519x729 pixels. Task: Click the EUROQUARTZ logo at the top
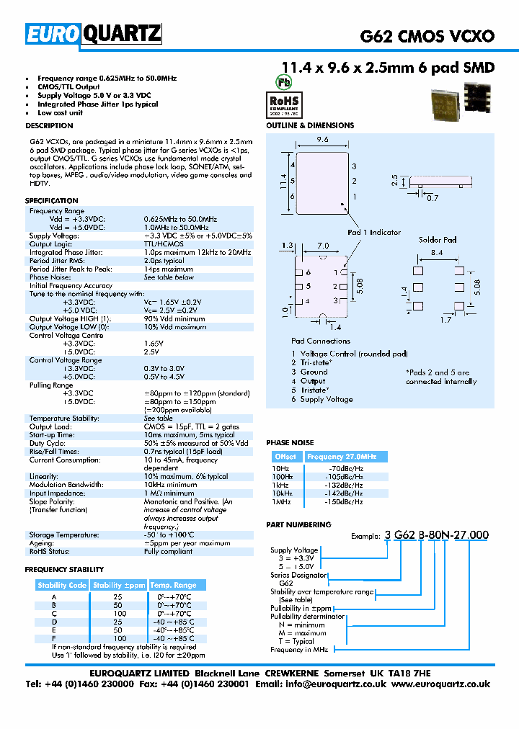click(x=93, y=33)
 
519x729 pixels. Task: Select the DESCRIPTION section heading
click(x=49, y=125)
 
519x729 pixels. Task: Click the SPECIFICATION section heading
click(x=51, y=200)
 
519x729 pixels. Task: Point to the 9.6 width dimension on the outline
click(x=321, y=140)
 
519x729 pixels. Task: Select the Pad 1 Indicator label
click(x=373, y=232)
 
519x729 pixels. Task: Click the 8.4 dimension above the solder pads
click(x=437, y=253)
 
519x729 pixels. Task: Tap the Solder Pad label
click(x=438, y=240)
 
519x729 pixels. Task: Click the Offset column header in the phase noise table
click(x=285, y=457)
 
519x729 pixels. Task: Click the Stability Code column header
click(x=62, y=585)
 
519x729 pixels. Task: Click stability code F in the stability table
click(x=54, y=638)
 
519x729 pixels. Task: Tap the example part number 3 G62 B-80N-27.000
click(x=438, y=535)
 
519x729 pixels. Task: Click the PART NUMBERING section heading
click(x=298, y=524)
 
